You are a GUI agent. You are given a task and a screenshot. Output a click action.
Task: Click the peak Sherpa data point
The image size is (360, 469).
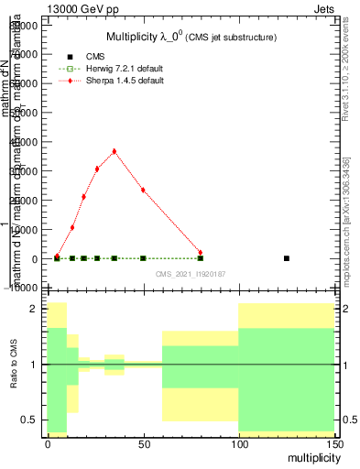[114, 151]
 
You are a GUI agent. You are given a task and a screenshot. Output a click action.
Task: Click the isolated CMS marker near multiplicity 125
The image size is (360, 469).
[287, 258]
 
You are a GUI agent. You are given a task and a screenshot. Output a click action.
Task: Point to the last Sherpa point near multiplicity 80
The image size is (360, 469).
[201, 253]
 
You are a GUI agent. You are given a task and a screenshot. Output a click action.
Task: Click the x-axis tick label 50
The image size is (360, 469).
[143, 443]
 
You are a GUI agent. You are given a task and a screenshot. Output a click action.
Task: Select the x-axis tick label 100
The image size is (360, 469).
[238, 443]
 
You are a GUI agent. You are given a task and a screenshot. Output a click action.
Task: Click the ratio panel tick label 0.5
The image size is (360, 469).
[29, 420]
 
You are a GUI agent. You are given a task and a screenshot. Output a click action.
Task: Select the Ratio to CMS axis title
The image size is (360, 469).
[13, 365]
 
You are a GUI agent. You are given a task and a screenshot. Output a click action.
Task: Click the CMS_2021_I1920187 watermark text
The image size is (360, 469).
[190, 274]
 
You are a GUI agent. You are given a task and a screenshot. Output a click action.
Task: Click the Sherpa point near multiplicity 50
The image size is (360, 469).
[143, 190]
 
